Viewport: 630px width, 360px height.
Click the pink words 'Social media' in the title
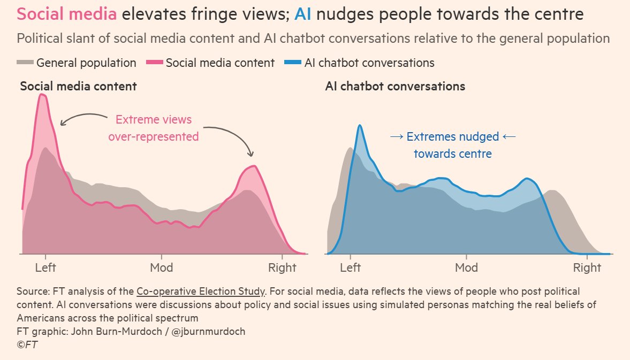tap(66, 14)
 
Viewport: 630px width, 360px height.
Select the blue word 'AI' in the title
tap(303, 14)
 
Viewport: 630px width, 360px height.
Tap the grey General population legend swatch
tap(25, 63)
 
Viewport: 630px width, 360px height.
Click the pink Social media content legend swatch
tap(155, 63)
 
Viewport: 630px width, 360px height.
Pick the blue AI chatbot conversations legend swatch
tap(293, 63)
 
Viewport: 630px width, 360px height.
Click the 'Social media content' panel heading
tap(78, 86)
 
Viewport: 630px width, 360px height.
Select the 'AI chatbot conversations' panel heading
tap(395, 86)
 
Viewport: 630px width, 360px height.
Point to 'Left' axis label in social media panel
tap(45, 268)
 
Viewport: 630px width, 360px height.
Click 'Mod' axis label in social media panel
tap(161, 268)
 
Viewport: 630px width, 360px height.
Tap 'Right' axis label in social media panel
tap(282, 268)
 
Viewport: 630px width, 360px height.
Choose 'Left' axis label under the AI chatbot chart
tap(351, 268)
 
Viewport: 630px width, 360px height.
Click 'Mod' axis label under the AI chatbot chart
tap(466, 268)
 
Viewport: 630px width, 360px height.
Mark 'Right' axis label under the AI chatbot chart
tap(587, 268)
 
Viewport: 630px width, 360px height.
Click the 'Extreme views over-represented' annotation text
tap(153, 128)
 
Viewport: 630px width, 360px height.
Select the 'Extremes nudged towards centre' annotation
tap(452, 145)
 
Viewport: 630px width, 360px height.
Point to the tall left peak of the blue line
tap(360, 126)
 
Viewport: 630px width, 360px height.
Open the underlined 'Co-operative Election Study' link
tap(201, 292)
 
